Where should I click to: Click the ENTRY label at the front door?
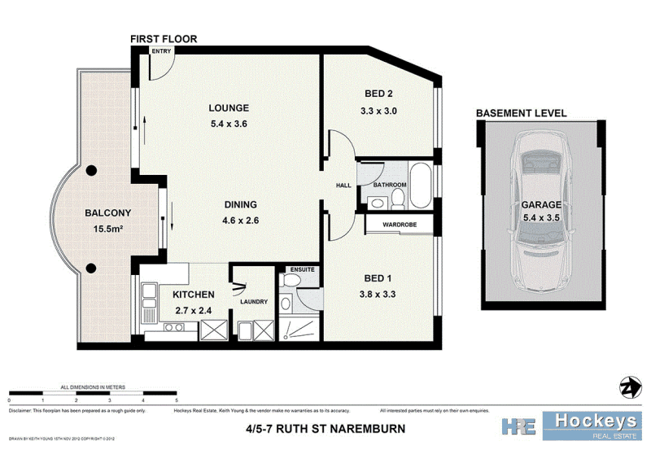click(x=160, y=51)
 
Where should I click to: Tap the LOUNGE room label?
click(x=228, y=108)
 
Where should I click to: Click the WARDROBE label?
click(x=399, y=223)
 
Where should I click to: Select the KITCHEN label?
click(x=193, y=294)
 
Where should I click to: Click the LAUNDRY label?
click(x=254, y=302)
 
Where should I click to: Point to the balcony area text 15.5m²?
click(x=103, y=230)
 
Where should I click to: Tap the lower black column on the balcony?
click(x=92, y=269)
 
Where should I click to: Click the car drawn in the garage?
click(x=540, y=216)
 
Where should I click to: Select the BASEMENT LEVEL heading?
click(x=521, y=114)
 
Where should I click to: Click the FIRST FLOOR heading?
click(x=164, y=38)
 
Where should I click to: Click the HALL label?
click(x=343, y=186)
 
